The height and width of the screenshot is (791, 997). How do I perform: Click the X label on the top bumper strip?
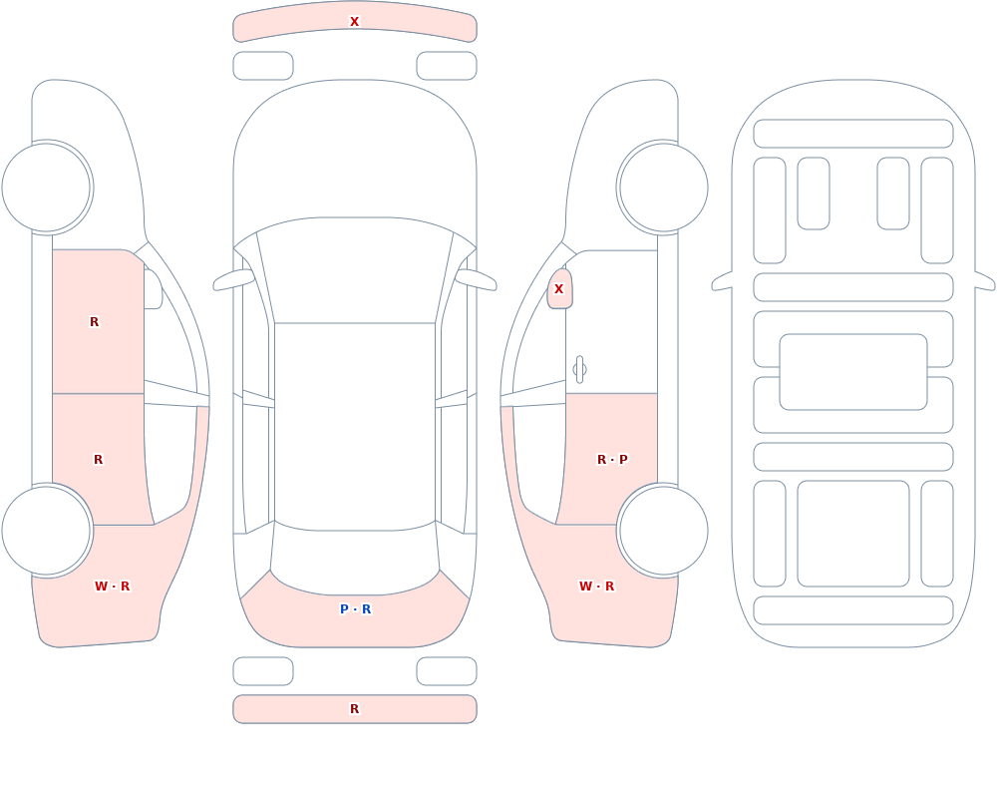pyautogui.click(x=354, y=22)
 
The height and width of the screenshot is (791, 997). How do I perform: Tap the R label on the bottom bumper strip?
pyautogui.click(x=354, y=709)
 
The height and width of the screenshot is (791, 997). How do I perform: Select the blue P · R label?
pyautogui.click(x=356, y=609)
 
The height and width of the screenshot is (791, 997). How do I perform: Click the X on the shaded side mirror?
pyautogui.click(x=559, y=289)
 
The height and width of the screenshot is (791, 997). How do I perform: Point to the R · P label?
pyautogui.click(x=612, y=460)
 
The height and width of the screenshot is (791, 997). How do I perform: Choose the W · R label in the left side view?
pyautogui.click(x=112, y=587)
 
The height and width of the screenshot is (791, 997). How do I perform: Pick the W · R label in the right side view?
pyautogui.click(x=596, y=587)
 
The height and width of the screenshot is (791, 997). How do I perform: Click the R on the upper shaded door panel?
pyautogui.click(x=94, y=322)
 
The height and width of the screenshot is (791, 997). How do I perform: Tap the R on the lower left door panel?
pyautogui.click(x=98, y=460)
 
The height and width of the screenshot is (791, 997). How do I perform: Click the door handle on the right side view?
pyautogui.click(x=579, y=370)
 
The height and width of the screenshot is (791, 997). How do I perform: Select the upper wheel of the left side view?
pyautogui.click(x=47, y=188)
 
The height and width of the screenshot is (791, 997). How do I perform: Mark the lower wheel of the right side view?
pyautogui.click(x=663, y=530)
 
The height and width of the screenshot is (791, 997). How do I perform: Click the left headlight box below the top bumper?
pyautogui.click(x=263, y=66)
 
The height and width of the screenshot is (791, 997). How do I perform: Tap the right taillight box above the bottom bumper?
pyautogui.click(x=447, y=671)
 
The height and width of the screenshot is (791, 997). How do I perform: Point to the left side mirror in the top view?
pyautogui.click(x=233, y=279)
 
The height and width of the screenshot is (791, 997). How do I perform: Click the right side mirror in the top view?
pyautogui.click(x=476, y=279)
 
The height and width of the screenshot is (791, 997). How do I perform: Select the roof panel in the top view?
pyautogui.click(x=355, y=425)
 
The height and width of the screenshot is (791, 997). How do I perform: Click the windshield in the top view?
pyautogui.click(x=355, y=270)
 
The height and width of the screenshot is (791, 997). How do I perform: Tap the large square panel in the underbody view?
pyautogui.click(x=853, y=534)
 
